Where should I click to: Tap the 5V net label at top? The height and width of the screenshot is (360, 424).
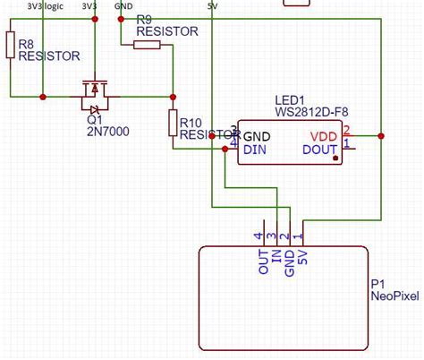click(x=211, y=5)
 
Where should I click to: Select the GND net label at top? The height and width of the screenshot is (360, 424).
click(x=124, y=5)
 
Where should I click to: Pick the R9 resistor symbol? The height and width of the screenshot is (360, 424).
click(x=147, y=44)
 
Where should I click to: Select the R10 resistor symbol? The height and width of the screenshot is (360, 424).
click(x=172, y=122)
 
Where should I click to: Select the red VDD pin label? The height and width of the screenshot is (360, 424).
click(x=324, y=136)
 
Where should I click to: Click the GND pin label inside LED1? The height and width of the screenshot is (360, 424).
click(x=258, y=136)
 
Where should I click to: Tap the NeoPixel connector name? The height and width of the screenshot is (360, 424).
click(x=394, y=297)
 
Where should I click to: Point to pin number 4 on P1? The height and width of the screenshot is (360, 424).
click(x=259, y=236)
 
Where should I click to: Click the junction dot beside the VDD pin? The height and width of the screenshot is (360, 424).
click(x=381, y=136)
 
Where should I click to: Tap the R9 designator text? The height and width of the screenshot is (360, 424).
click(x=144, y=19)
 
